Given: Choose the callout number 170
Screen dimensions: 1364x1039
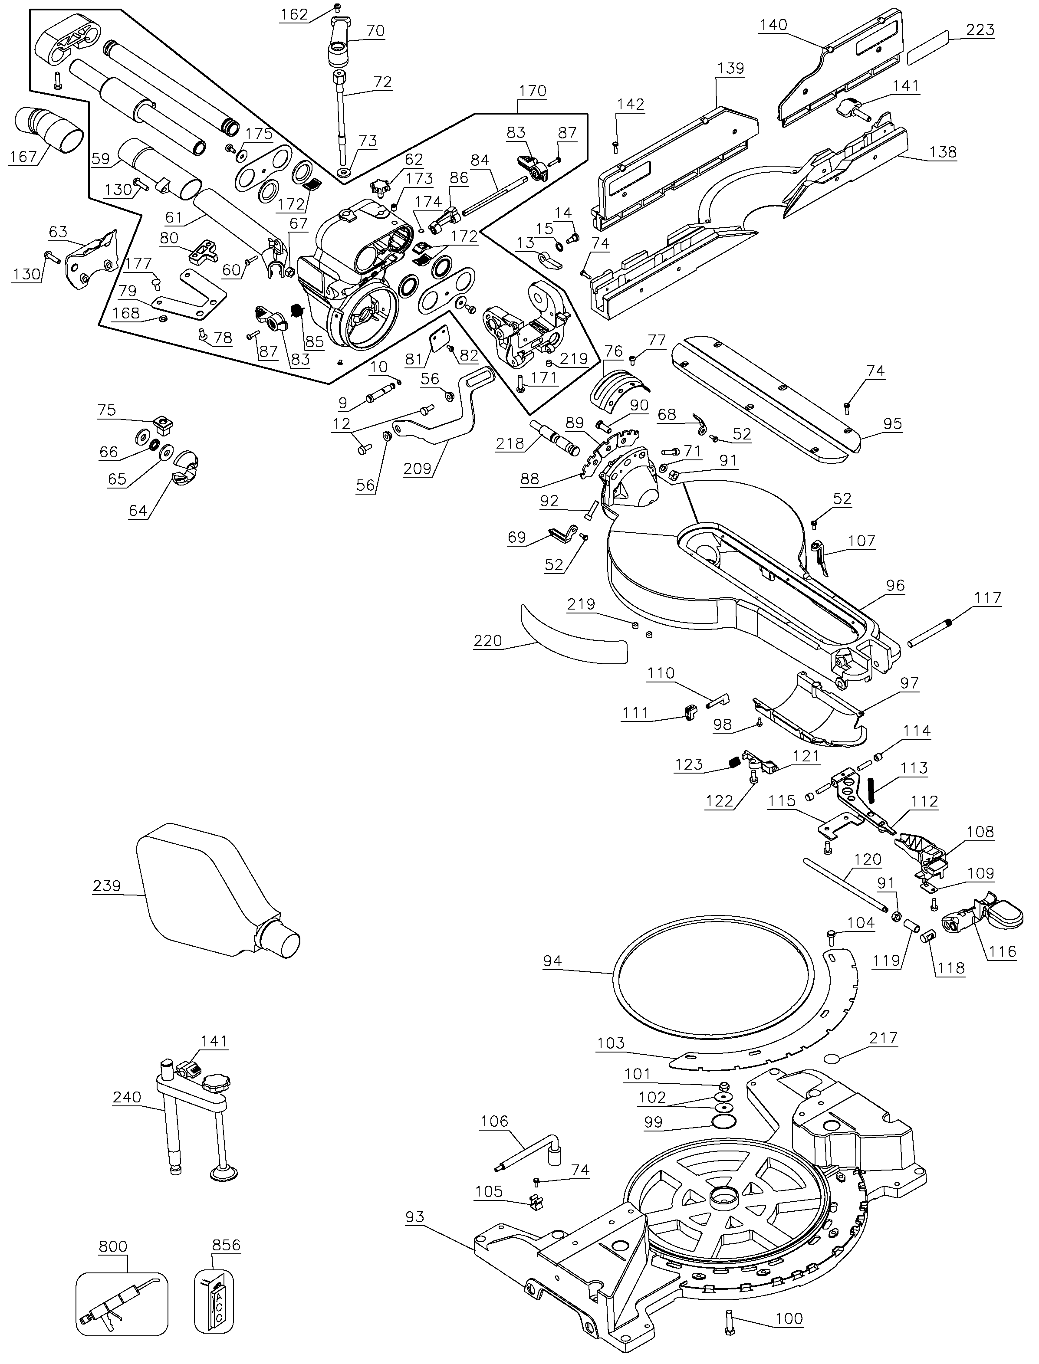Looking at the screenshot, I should pos(533,92).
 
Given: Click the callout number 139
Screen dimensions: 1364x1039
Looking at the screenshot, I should pos(730,68).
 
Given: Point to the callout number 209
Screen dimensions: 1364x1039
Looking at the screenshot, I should pos(418,469).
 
